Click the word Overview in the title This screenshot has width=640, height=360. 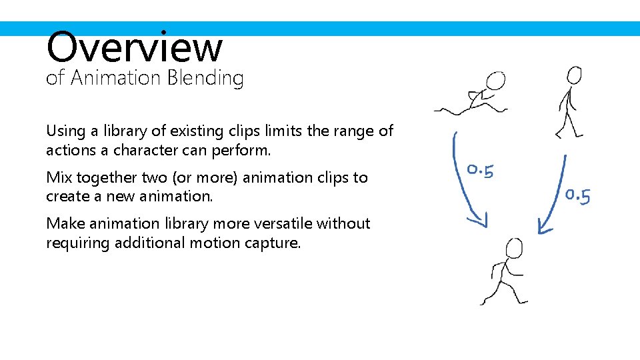coord(134,47)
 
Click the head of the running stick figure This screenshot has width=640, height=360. coord(495,81)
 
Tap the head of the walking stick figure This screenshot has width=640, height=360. coord(573,74)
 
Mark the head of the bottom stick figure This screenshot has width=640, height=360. coord(514,249)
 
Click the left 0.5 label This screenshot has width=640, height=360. coord(480,171)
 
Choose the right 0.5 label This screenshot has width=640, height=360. coord(577,195)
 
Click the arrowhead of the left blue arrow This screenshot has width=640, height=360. coord(478,219)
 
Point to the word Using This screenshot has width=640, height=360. coord(64,131)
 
